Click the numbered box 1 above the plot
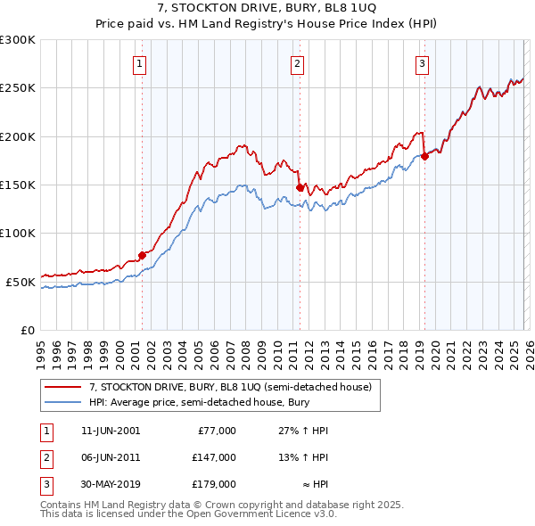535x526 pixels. coord(141,63)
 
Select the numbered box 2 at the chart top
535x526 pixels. coord(297,63)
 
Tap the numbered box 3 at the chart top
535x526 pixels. coord(422,63)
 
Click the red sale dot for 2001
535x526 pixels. coord(142,255)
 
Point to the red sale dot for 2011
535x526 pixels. coord(299,187)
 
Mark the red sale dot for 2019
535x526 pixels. coord(424,157)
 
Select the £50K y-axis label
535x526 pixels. coord(21,282)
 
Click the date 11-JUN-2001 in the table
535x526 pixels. coord(110,431)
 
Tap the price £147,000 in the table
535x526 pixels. coord(213,457)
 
